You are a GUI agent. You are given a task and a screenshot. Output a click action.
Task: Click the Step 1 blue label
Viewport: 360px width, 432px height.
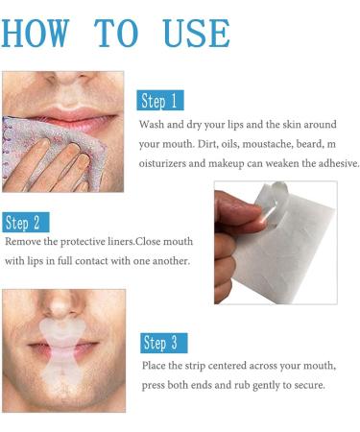pyautogui.click(x=160, y=101)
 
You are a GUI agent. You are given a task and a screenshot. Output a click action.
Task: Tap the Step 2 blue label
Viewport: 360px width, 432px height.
pyautogui.click(x=26, y=224)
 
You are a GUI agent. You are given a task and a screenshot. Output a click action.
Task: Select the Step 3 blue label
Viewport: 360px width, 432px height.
pyautogui.click(x=164, y=343)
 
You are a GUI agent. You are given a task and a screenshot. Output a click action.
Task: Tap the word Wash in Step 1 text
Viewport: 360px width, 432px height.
pyautogui.click(x=154, y=126)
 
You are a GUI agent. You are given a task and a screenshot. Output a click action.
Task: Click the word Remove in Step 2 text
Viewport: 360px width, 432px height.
pyautogui.click(x=22, y=243)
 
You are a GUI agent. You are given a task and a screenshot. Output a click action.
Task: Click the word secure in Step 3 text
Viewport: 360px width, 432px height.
pyautogui.click(x=310, y=385)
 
